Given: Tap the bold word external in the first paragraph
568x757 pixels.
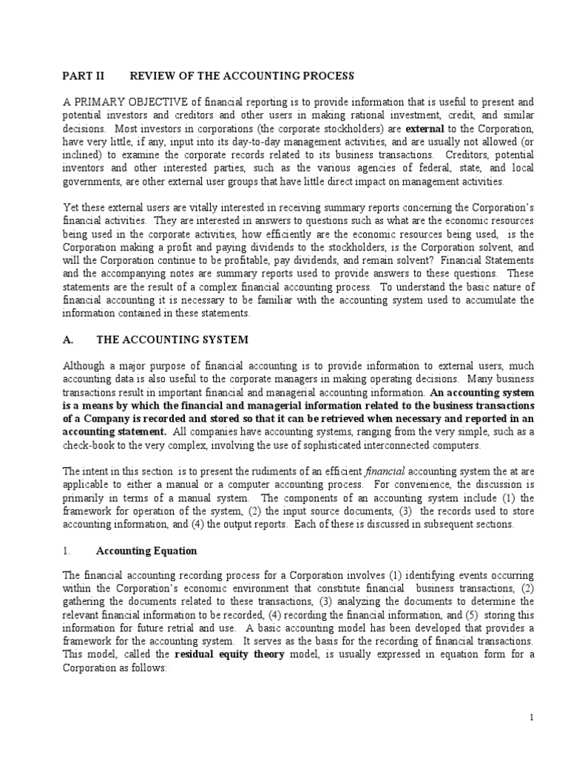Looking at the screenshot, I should (424, 128).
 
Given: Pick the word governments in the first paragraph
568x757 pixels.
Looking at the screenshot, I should (92, 181).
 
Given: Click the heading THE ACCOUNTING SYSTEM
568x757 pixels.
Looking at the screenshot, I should (172, 339).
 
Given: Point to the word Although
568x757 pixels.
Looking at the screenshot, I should (84, 366).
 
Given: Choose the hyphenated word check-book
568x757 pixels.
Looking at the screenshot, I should (89, 445).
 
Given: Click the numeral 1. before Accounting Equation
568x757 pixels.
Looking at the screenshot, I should (67, 551).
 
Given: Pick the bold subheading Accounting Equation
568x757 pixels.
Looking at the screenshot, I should (146, 551).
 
